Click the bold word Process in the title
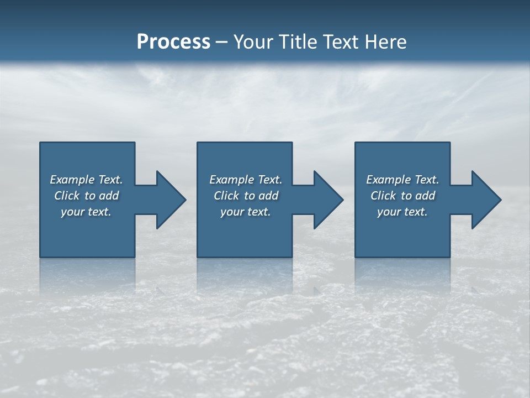click(173, 42)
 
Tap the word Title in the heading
click(299, 42)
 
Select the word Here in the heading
click(385, 42)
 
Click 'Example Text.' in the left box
click(86, 180)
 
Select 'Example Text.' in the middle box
click(246, 180)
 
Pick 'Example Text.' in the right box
click(402, 180)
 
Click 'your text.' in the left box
click(86, 212)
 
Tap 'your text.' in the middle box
click(246, 212)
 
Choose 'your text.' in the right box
click(402, 212)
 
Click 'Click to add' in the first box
click(86, 196)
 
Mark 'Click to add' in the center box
click(246, 196)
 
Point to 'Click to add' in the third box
click(402, 196)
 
